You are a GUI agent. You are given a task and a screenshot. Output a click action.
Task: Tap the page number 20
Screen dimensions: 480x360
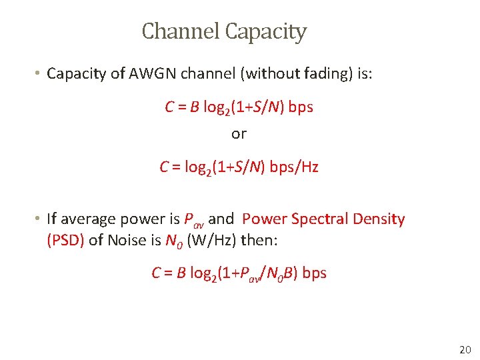click(x=465, y=349)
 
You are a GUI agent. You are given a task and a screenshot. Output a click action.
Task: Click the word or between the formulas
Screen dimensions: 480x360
click(x=239, y=134)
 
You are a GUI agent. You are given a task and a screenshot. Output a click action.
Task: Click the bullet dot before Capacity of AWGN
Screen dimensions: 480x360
click(x=39, y=73)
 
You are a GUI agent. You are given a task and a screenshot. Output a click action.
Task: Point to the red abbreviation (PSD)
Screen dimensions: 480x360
click(x=65, y=240)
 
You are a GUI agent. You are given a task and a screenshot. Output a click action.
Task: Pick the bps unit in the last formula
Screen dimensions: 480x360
click(x=315, y=273)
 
